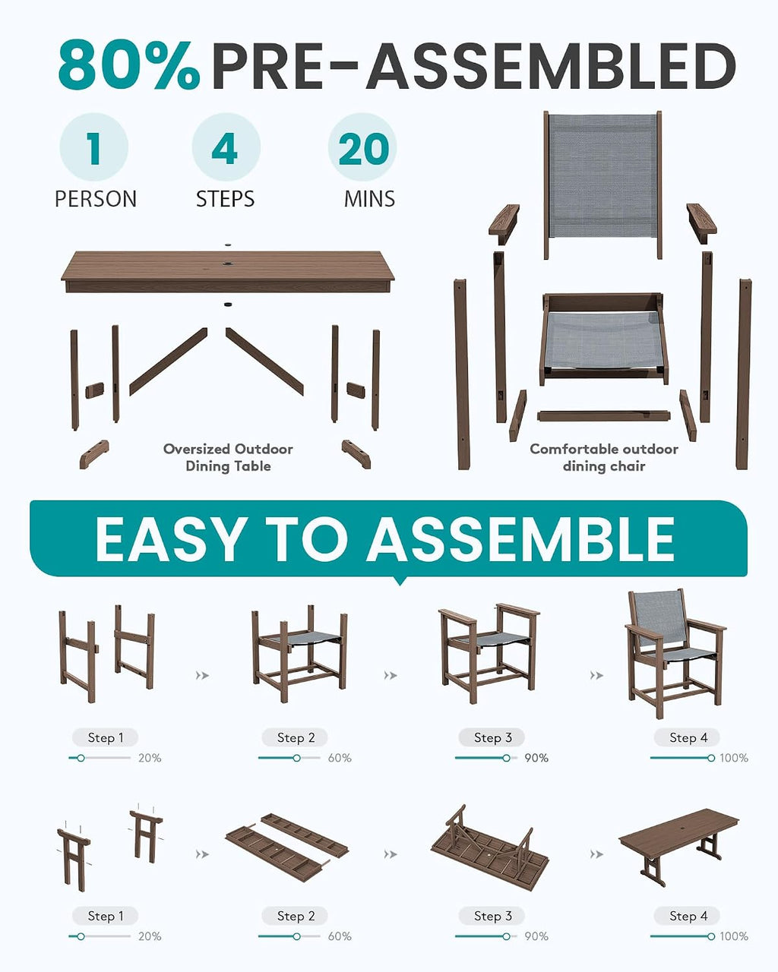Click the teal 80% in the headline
129,65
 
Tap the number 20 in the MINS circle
363,149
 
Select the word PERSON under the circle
96,199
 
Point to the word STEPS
225,199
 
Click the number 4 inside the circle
225,149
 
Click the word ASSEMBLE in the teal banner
520,539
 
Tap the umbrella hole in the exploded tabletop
228,262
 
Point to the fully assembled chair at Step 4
674,653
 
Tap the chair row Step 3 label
492,738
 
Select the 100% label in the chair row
734,758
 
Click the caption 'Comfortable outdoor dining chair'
604,457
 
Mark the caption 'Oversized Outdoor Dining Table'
228,457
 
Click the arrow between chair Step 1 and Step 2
202,675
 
